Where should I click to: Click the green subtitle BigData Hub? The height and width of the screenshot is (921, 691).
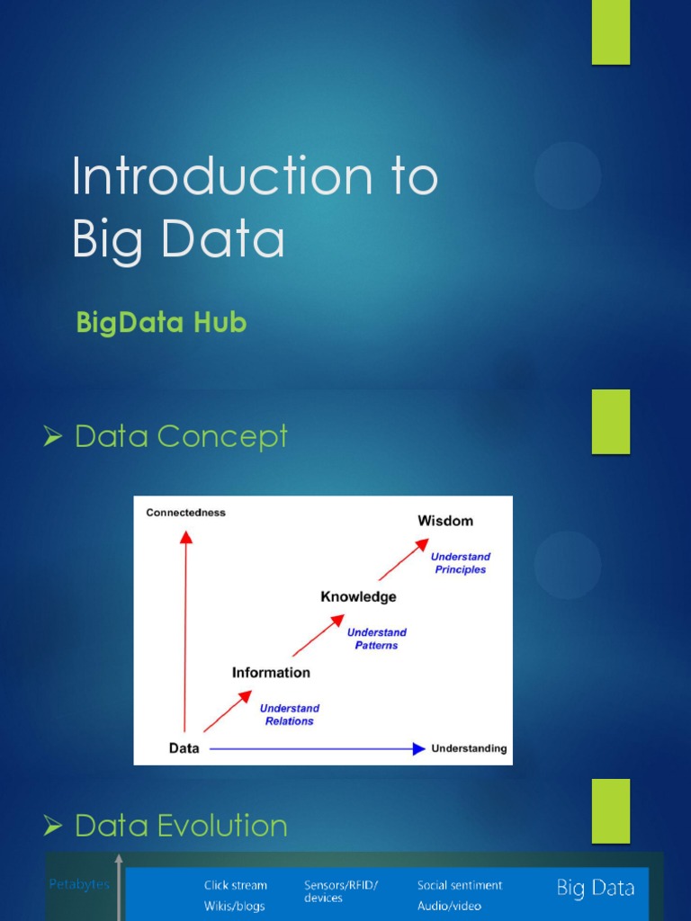click(161, 323)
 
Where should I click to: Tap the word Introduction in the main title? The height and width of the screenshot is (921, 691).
click(220, 176)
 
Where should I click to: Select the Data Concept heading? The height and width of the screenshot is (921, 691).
click(180, 436)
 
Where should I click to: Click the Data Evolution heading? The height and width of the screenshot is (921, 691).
click(180, 826)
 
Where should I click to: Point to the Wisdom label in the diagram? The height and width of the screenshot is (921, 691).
click(444, 521)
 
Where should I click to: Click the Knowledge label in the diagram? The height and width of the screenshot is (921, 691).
click(358, 596)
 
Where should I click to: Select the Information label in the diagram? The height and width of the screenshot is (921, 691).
click(271, 672)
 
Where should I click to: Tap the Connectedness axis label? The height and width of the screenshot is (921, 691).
click(185, 513)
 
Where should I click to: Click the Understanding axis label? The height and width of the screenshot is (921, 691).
click(469, 748)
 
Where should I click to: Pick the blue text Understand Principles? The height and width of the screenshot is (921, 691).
click(460, 563)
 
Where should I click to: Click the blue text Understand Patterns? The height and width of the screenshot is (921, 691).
click(376, 639)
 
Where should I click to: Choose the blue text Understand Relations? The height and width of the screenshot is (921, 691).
click(289, 714)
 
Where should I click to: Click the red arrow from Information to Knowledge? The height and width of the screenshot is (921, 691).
click(318, 635)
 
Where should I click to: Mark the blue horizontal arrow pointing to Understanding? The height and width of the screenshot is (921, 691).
click(315, 748)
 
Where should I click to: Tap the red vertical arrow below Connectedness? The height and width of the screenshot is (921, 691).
click(185, 630)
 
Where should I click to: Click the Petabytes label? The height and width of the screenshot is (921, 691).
click(79, 884)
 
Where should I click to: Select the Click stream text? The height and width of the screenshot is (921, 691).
click(235, 885)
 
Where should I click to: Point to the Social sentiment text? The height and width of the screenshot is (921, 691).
click(459, 885)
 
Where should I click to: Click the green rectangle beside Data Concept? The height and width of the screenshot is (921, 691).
click(610, 421)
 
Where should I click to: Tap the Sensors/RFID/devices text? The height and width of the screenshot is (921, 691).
click(340, 891)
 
